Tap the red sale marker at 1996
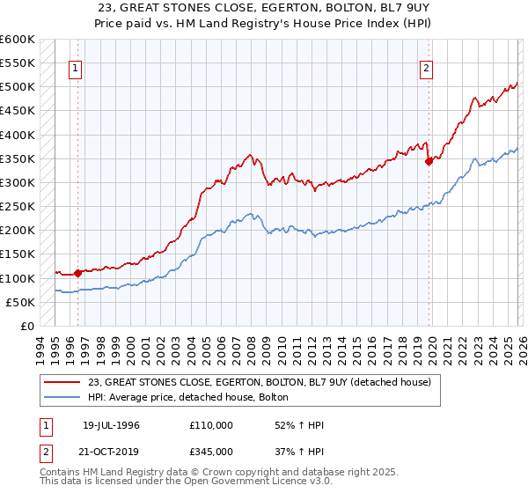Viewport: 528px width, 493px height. tap(78, 273)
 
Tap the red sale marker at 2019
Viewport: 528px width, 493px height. tap(429, 161)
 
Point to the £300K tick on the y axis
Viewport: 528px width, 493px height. tap(18, 182)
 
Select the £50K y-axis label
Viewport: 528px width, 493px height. tap(20, 302)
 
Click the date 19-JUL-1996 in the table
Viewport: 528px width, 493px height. tap(111, 425)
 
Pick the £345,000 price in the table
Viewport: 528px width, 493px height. tap(211, 451)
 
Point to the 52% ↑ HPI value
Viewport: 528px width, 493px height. tap(287, 425)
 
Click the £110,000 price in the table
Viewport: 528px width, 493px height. tap(211, 425)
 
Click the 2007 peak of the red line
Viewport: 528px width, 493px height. tap(249, 154)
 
